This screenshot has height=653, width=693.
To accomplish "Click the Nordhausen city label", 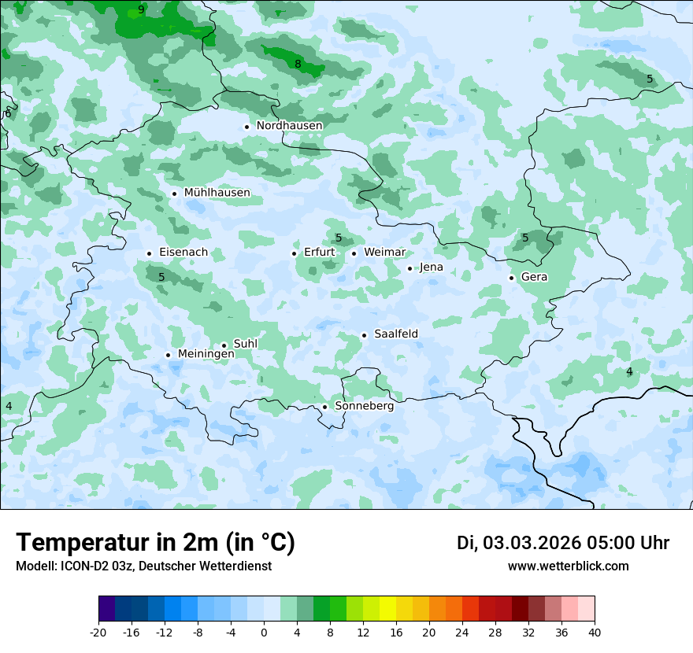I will click(289, 126).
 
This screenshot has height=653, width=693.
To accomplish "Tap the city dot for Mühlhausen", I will click(174, 194).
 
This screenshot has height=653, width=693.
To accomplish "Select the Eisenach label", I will click(183, 253).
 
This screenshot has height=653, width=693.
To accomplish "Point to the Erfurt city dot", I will click(295, 253).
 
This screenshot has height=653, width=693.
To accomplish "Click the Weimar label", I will click(384, 253).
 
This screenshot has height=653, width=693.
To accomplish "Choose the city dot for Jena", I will click(409, 269).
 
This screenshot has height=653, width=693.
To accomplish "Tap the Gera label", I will click(534, 277).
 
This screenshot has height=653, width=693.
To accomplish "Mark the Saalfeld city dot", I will click(365, 335).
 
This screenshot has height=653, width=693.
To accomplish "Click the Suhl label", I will click(245, 344).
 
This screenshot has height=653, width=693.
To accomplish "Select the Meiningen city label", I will click(206, 354).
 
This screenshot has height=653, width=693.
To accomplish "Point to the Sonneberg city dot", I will click(324, 407).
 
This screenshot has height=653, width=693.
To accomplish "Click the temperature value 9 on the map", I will click(141, 10).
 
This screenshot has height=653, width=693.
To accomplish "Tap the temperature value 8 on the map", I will click(298, 64).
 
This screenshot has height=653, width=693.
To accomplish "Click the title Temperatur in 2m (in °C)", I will click(155, 543).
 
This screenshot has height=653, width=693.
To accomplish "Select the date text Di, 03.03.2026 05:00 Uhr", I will click(562, 544).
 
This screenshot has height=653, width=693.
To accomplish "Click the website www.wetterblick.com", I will click(568, 566).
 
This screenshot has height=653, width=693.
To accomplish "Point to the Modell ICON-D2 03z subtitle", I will click(143, 566).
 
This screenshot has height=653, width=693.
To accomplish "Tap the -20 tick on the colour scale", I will click(98, 633).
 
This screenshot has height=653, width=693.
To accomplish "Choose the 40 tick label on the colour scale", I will click(594, 633).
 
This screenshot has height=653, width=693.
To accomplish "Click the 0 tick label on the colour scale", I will click(264, 633).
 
